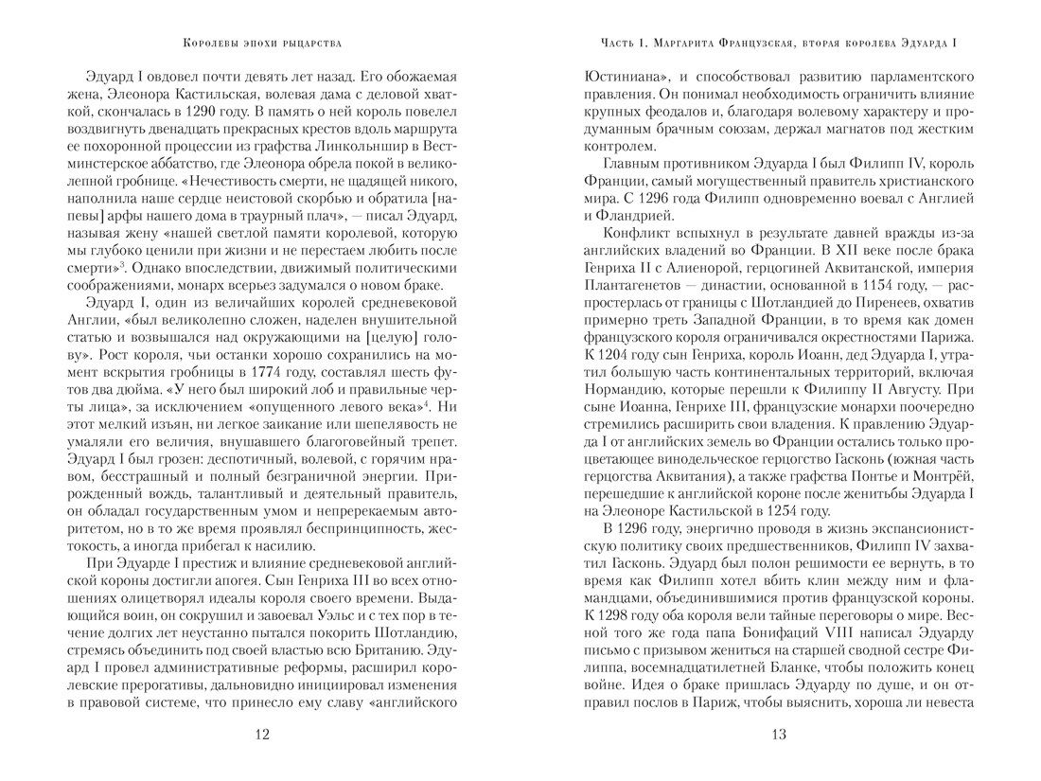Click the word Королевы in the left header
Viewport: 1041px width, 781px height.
pos(209,42)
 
